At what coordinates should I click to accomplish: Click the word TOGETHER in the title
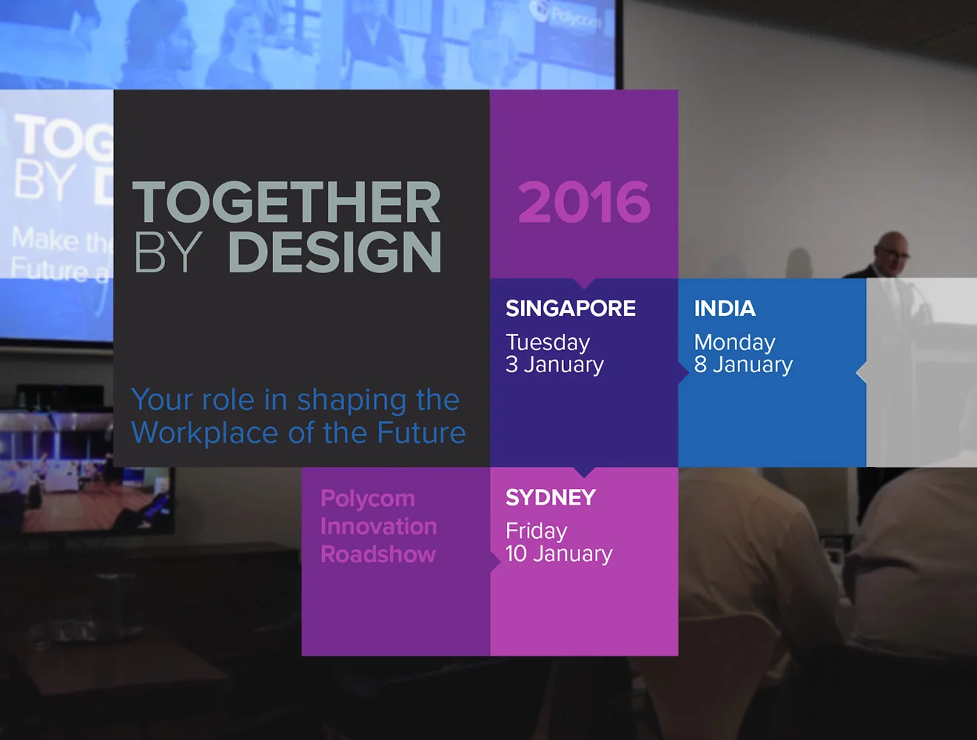[x=286, y=203]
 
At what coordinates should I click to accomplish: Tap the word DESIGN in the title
[x=335, y=252]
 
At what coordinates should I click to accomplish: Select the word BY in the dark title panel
[x=168, y=252]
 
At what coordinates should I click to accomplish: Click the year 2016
[x=584, y=203]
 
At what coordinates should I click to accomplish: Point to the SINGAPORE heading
[x=571, y=309]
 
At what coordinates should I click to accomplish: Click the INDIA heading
[x=725, y=309]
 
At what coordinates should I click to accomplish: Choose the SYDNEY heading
[x=551, y=497]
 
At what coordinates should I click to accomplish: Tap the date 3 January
[x=554, y=365]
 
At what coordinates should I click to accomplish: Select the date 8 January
[x=743, y=365]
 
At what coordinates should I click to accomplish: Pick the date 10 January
[x=559, y=554]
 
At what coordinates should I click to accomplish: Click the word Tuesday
[x=548, y=343]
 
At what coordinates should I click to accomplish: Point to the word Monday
[x=734, y=343]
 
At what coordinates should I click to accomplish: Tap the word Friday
[x=537, y=531]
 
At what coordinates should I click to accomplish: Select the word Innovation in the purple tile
[x=378, y=526]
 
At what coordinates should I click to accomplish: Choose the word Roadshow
[x=378, y=554]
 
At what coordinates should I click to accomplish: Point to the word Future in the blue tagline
[x=421, y=433]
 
